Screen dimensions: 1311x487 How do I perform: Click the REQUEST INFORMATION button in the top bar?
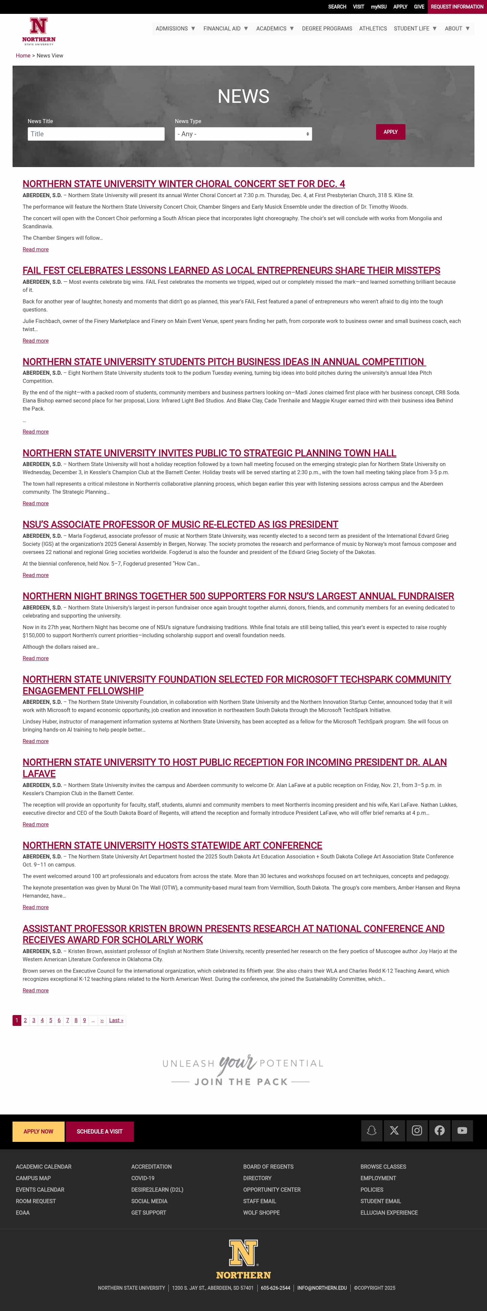pyautogui.click(x=457, y=7)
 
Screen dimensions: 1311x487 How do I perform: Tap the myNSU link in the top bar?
pyautogui.click(x=378, y=7)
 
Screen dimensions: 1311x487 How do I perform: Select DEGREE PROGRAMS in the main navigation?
pyautogui.click(x=327, y=28)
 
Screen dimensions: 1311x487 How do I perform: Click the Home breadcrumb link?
pyautogui.click(x=23, y=55)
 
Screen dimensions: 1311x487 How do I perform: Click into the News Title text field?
pyautogui.click(x=96, y=134)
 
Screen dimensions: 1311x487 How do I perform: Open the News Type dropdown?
pyautogui.click(x=243, y=134)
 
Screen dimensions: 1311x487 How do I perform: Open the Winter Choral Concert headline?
pyautogui.click(x=184, y=184)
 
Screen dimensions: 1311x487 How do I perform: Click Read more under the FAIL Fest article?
pyautogui.click(x=36, y=341)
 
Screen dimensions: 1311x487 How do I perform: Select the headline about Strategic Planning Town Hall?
pyautogui.click(x=209, y=453)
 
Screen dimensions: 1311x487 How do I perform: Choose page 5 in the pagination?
pyautogui.click(x=50, y=1020)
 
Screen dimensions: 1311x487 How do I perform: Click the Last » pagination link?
pyautogui.click(x=116, y=1020)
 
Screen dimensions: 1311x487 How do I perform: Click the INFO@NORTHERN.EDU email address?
pyautogui.click(x=322, y=1288)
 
